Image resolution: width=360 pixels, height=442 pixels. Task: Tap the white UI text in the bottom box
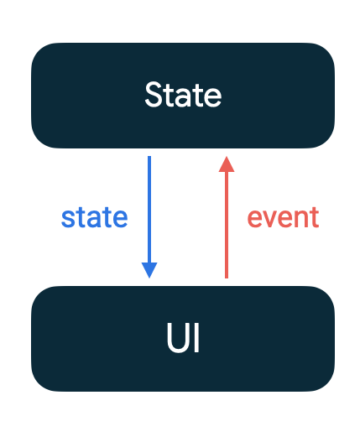[x=183, y=340]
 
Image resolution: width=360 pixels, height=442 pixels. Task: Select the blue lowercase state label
[x=94, y=217]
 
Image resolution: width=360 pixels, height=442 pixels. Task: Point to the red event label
[x=283, y=217]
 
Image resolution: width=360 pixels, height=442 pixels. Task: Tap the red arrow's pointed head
[x=226, y=164]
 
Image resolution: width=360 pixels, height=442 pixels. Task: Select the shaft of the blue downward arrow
[x=149, y=210]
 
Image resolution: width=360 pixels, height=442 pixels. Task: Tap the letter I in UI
[x=196, y=340]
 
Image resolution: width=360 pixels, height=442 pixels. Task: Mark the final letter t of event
[x=315, y=217]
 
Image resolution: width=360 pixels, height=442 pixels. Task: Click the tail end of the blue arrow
[x=149, y=158]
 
